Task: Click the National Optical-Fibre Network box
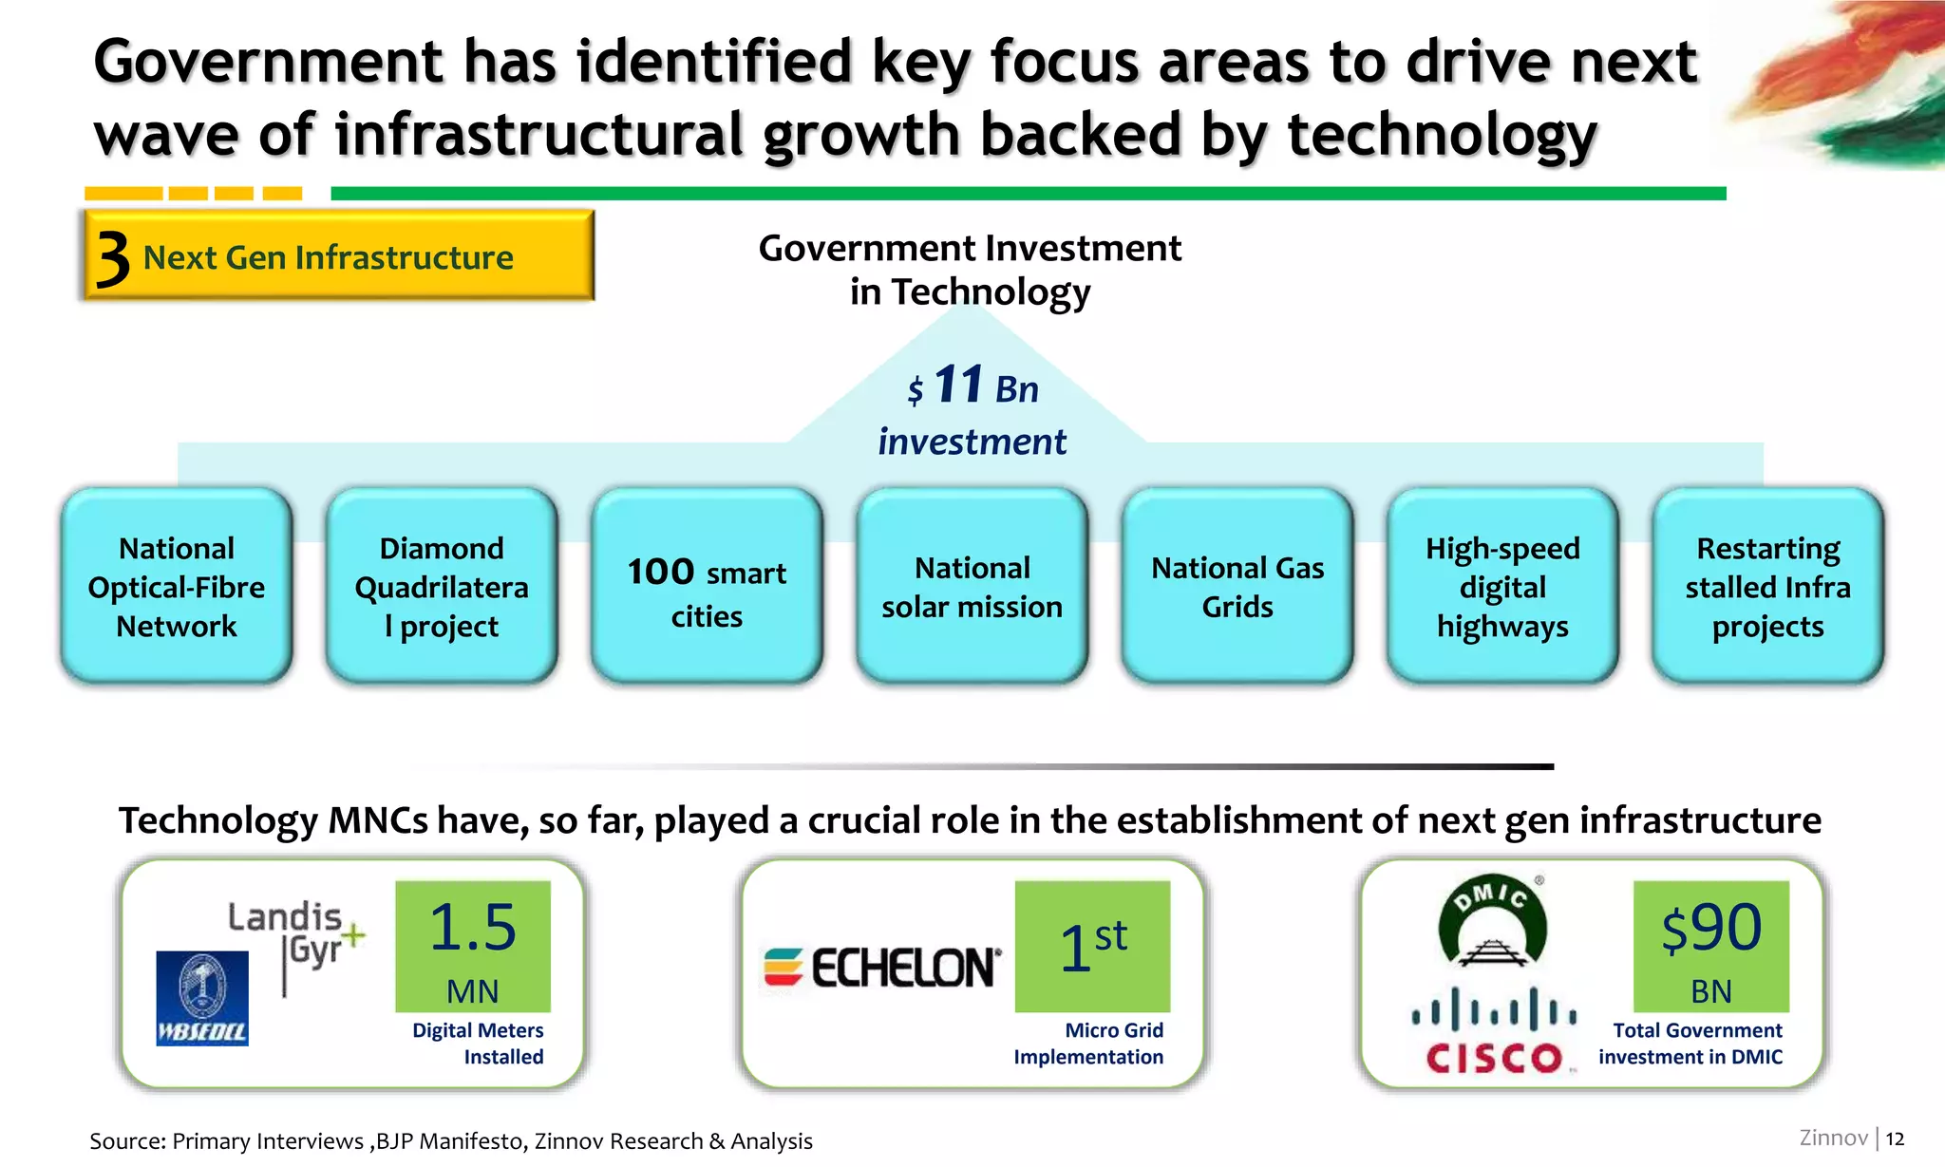[x=177, y=586]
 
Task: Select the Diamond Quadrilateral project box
[x=442, y=586]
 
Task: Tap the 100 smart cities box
[x=707, y=586]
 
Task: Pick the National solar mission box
[x=972, y=586]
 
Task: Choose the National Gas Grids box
[x=1237, y=586]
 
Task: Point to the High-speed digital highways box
[x=1502, y=586]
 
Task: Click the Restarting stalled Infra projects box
[x=1767, y=586]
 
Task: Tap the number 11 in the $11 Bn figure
[x=958, y=385]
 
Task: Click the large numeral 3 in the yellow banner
[x=113, y=258]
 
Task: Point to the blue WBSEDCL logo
[x=202, y=998]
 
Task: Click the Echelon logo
[x=882, y=968]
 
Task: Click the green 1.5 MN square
[x=473, y=946]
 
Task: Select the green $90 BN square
[x=1710, y=946]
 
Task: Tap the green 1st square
[x=1092, y=946]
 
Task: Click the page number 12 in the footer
[x=1895, y=1139]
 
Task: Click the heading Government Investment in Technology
[x=970, y=270]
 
